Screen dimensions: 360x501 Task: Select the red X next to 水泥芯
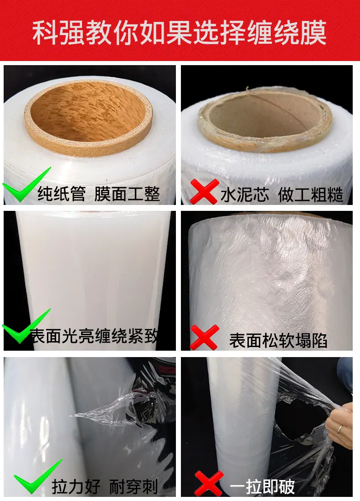[204, 191]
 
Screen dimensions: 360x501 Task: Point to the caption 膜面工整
[127, 193]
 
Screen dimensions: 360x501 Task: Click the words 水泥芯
[245, 194]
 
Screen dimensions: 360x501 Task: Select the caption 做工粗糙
[310, 194]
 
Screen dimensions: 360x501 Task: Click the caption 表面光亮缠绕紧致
[94, 336]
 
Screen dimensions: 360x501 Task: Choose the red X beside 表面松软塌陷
[204, 337]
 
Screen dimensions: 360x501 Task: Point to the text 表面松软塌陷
[278, 340]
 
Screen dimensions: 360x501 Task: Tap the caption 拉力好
[76, 486]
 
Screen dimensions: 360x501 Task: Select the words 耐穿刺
[134, 486]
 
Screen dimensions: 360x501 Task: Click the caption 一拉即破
[262, 486]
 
